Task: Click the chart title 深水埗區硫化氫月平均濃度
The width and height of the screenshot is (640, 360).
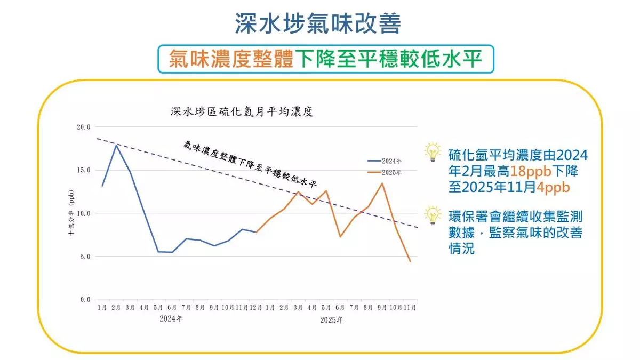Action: [x=241, y=112]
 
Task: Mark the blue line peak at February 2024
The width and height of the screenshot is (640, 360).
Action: [x=116, y=145]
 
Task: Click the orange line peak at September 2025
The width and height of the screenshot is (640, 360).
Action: [x=382, y=183]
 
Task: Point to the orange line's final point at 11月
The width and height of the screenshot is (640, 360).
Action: [x=410, y=261]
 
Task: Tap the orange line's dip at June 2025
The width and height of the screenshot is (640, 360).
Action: [x=340, y=236]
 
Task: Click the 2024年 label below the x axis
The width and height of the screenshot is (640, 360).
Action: [x=172, y=319]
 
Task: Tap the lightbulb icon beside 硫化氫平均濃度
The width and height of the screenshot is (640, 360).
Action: [x=433, y=152]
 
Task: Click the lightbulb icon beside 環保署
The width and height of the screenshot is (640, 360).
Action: [x=433, y=215]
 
